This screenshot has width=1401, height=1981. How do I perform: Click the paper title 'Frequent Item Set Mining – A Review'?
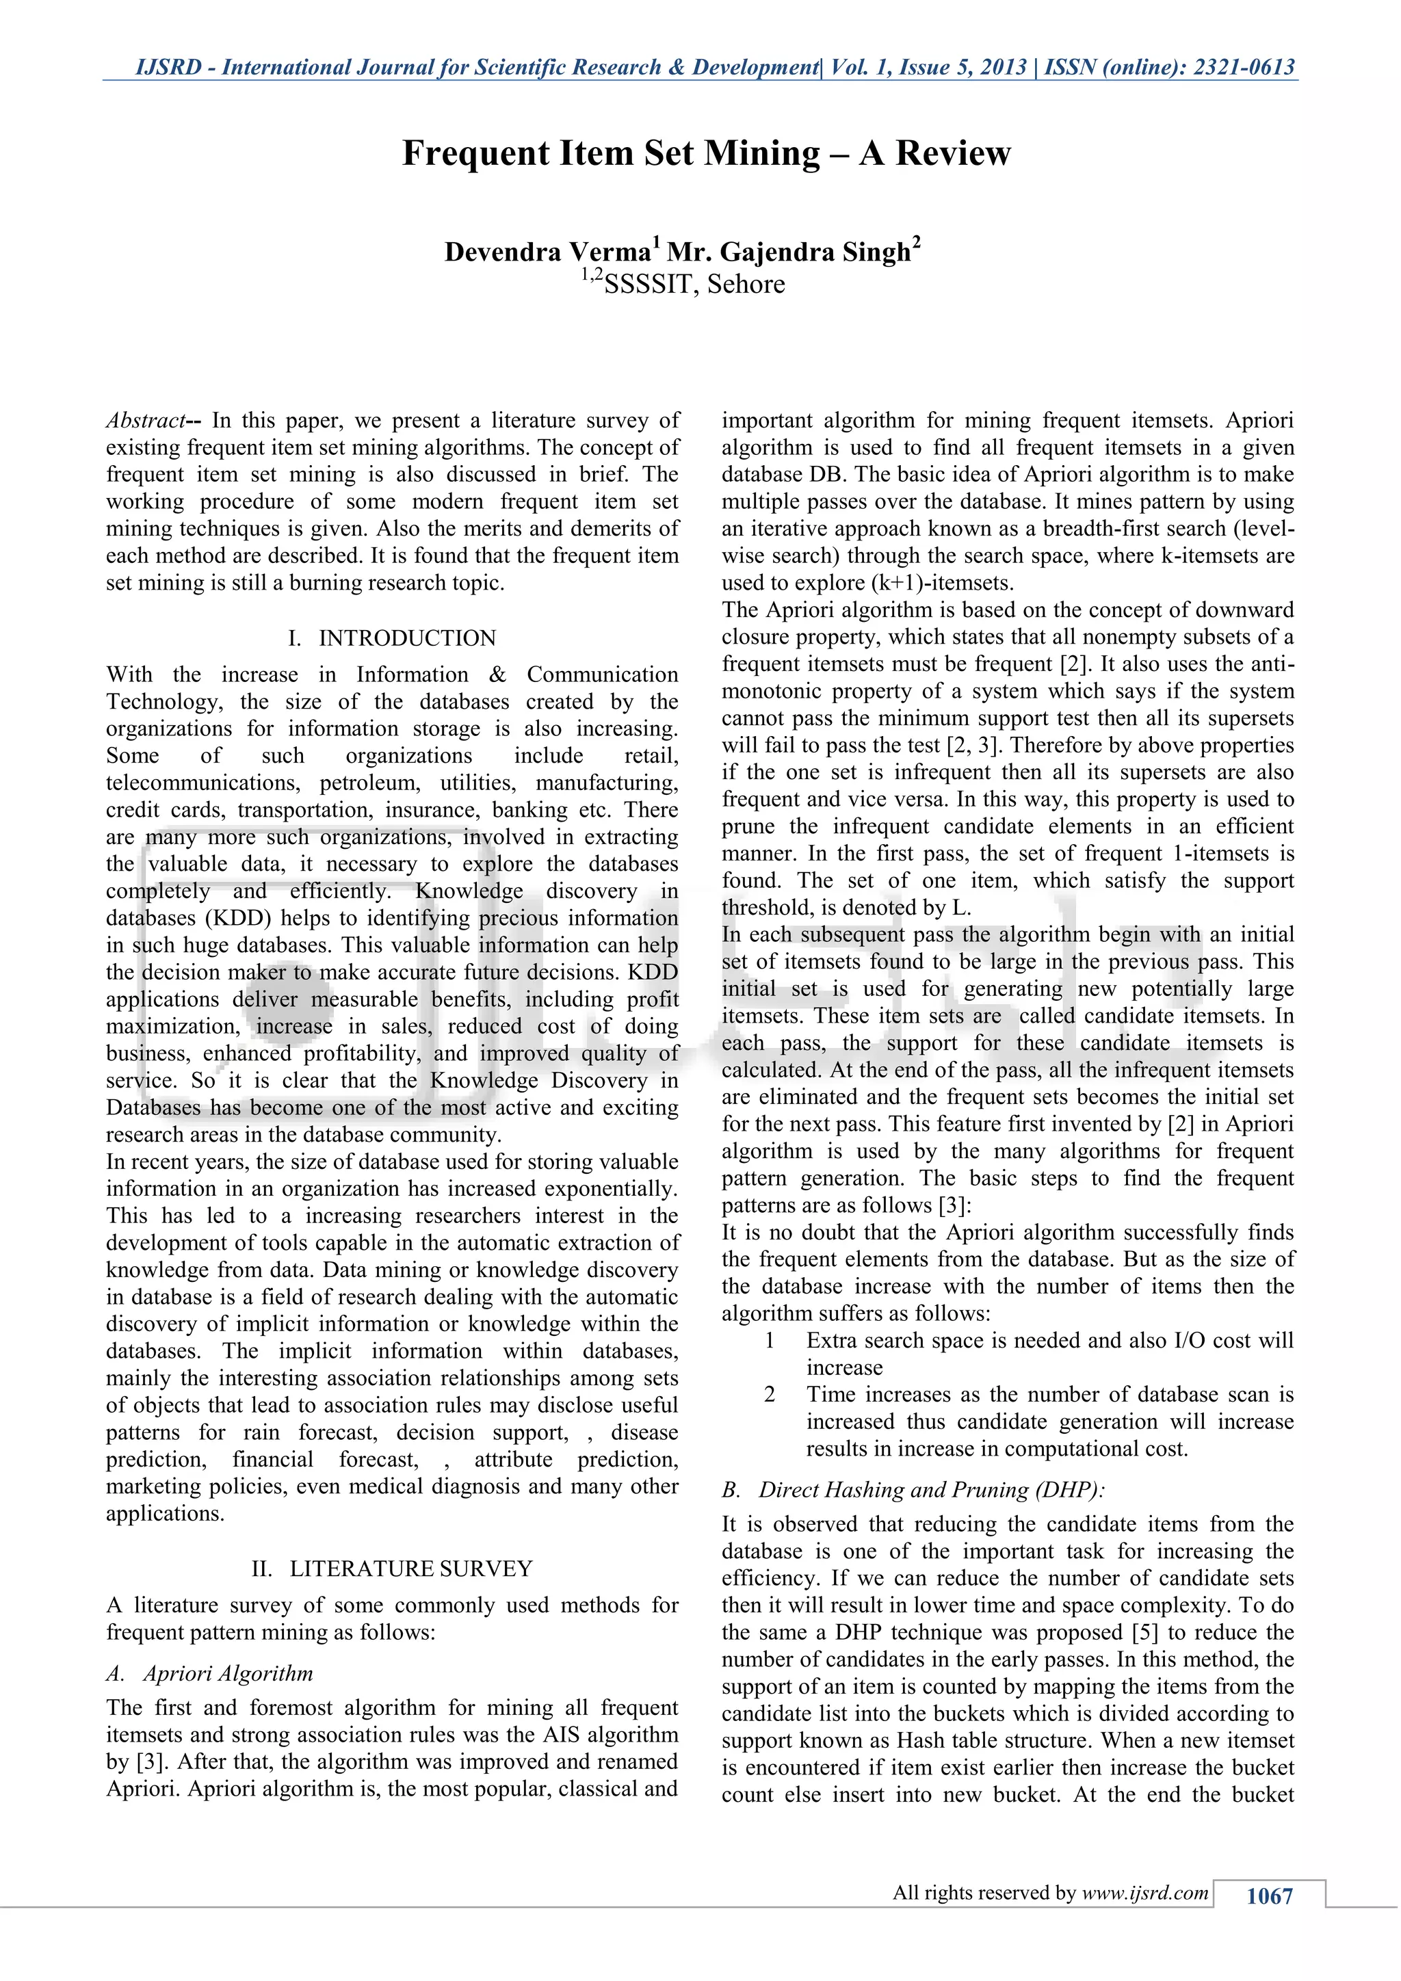[x=706, y=154]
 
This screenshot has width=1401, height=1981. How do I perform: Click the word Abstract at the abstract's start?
[x=144, y=421]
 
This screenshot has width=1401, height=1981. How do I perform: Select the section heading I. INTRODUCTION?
[x=392, y=638]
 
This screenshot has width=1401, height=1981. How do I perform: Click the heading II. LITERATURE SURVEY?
[x=392, y=1569]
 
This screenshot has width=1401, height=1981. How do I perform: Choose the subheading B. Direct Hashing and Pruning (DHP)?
[x=913, y=1490]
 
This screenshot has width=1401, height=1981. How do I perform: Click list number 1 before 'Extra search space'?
[x=770, y=1341]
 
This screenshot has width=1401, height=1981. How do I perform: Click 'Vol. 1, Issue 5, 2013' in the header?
[x=928, y=67]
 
